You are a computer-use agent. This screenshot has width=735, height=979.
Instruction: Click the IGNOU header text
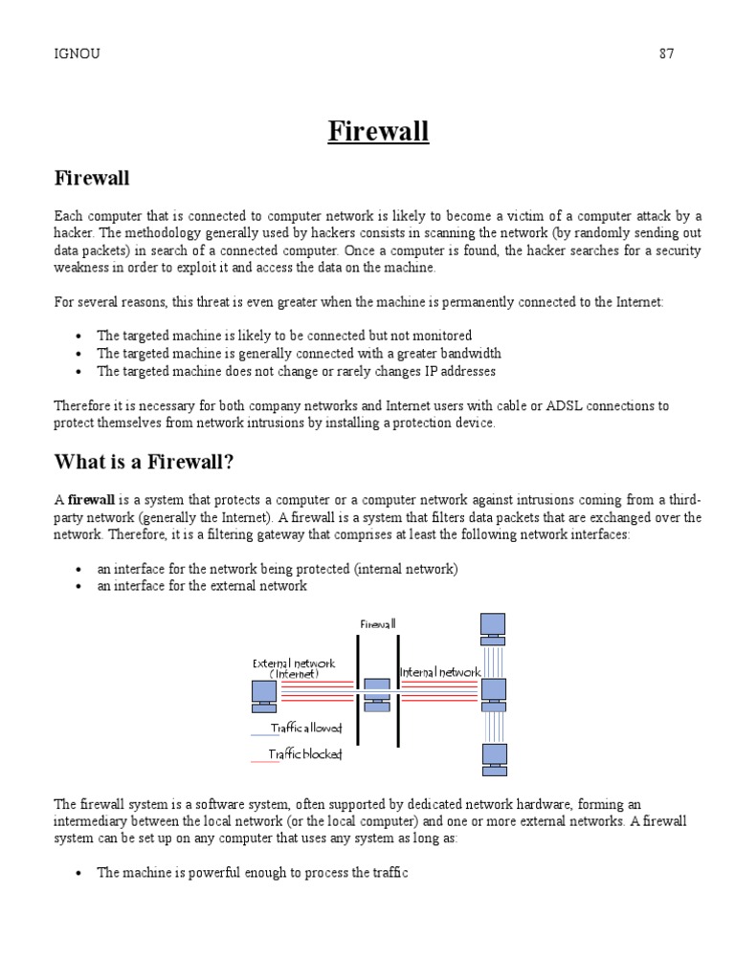(x=78, y=54)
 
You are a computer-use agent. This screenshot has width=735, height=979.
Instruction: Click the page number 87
(x=666, y=54)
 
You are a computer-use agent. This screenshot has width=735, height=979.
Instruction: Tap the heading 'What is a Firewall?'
(x=144, y=463)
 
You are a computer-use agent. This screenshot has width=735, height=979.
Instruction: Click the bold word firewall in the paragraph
(x=91, y=500)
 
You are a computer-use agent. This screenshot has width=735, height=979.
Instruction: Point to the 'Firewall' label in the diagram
(x=377, y=624)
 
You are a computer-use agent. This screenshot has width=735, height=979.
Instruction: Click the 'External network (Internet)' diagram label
(x=294, y=667)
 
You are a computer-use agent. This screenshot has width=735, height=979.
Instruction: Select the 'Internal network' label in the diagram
(x=439, y=672)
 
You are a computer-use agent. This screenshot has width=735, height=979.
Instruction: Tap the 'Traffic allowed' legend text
(x=305, y=729)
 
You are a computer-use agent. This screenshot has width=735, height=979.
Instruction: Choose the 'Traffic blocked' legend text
(x=305, y=754)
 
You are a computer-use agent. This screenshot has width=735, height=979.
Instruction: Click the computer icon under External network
(x=262, y=695)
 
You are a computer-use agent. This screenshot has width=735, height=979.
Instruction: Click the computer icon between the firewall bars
(x=377, y=694)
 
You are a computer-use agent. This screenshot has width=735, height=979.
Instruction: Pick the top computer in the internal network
(x=493, y=628)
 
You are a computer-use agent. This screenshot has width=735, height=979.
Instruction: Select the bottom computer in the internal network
(x=493, y=757)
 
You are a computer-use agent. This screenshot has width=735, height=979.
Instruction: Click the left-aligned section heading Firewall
(x=92, y=178)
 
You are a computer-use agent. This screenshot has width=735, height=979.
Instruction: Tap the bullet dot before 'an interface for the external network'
(x=78, y=586)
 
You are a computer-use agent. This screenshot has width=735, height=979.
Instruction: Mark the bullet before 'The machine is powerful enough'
(x=78, y=874)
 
